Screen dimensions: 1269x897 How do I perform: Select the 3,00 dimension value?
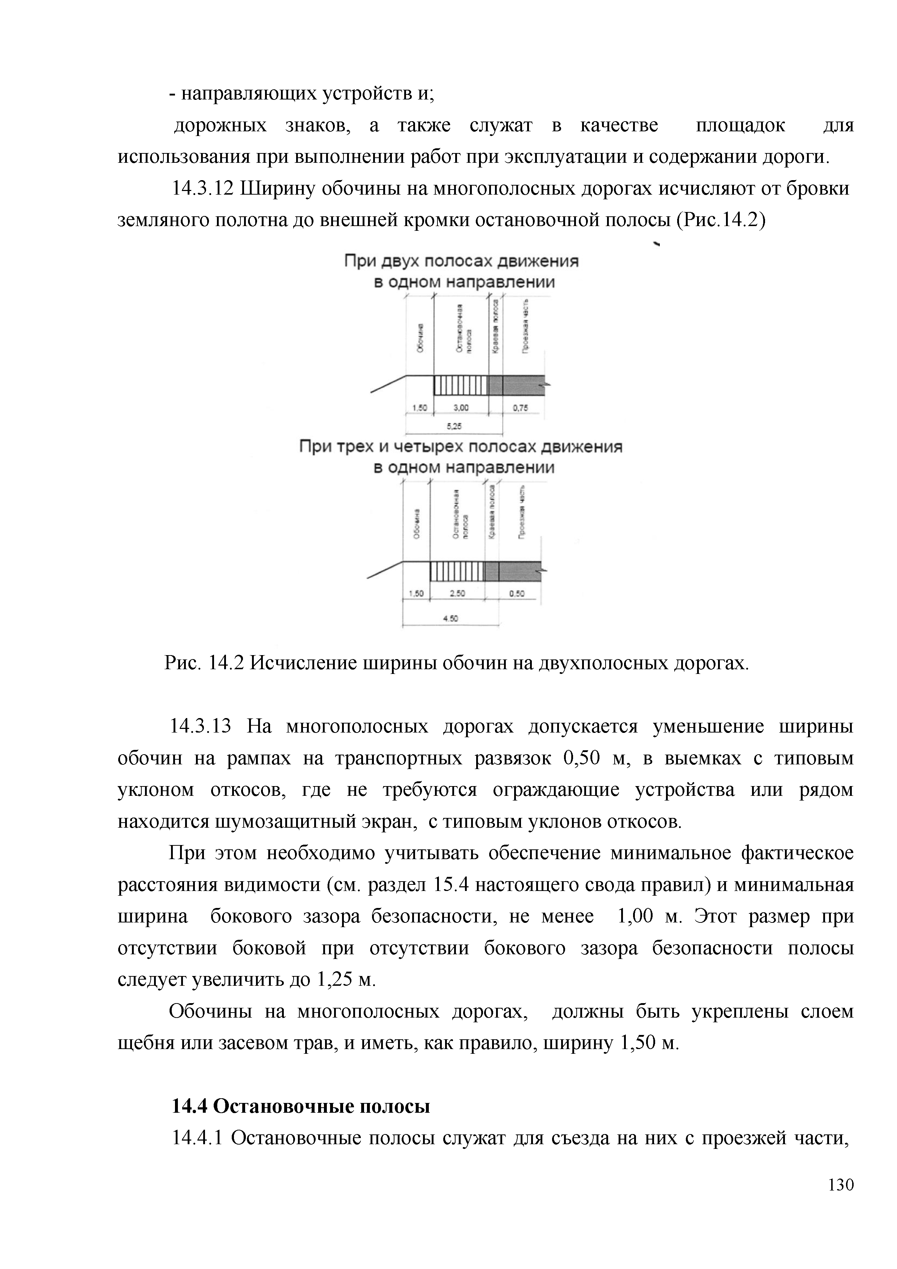pos(461,408)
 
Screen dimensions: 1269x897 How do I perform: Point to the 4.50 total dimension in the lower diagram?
pos(451,619)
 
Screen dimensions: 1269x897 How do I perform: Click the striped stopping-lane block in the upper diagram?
pos(461,385)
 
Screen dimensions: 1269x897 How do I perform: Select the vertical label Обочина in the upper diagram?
pos(420,338)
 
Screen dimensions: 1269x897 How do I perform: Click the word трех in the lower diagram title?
pos(364,447)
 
